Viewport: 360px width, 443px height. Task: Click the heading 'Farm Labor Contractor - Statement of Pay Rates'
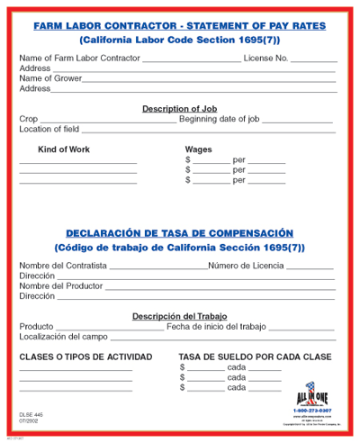click(179, 27)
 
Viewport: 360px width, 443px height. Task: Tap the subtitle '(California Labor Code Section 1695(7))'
click(179, 41)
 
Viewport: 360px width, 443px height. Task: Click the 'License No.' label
click(267, 59)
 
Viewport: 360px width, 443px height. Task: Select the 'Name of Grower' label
click(50, 78)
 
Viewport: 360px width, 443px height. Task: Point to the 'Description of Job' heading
click(179, 108)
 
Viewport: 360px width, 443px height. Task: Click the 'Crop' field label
click(29, 118)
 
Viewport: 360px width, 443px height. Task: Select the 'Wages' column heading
click(198, 149)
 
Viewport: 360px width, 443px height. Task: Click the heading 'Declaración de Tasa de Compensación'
click(179, 231)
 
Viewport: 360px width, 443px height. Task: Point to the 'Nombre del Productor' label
click(61, 285)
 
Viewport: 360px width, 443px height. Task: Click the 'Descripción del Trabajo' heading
click(179, 316)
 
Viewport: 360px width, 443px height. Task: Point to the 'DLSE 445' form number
click(31, 413)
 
